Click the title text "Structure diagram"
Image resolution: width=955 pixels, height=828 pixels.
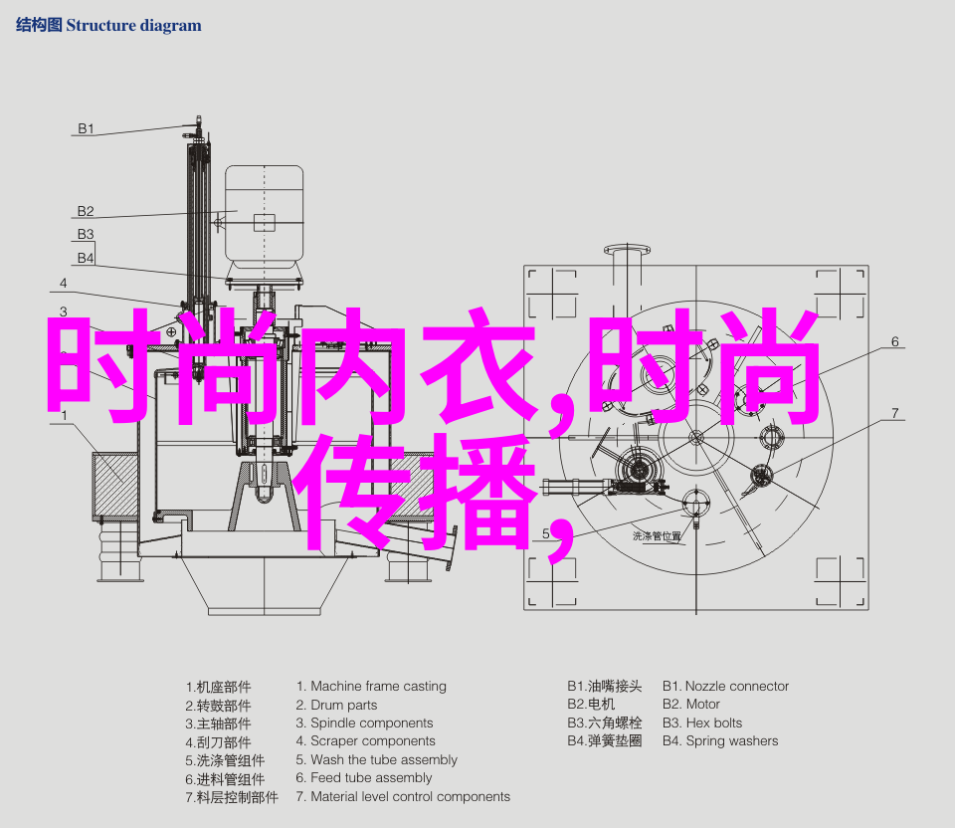[133, 26]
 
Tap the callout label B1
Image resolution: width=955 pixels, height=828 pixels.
[86, 128]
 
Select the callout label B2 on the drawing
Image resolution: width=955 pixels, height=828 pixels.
[86, 211]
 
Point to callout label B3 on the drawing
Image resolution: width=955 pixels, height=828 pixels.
[86, 235]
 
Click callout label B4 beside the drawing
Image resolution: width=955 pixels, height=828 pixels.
[86, 259]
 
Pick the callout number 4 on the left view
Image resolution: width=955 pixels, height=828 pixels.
[64, 284]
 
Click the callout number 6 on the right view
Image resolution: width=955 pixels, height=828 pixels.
[894, 341]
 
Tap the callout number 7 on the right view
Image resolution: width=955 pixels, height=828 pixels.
[894, 414]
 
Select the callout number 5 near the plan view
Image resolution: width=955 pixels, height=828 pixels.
[546, 533]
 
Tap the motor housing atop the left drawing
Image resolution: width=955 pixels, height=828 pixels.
[265, 216]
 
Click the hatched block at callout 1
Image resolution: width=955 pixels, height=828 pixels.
[115, 486]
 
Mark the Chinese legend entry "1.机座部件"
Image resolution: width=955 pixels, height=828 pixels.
[218, 688]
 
